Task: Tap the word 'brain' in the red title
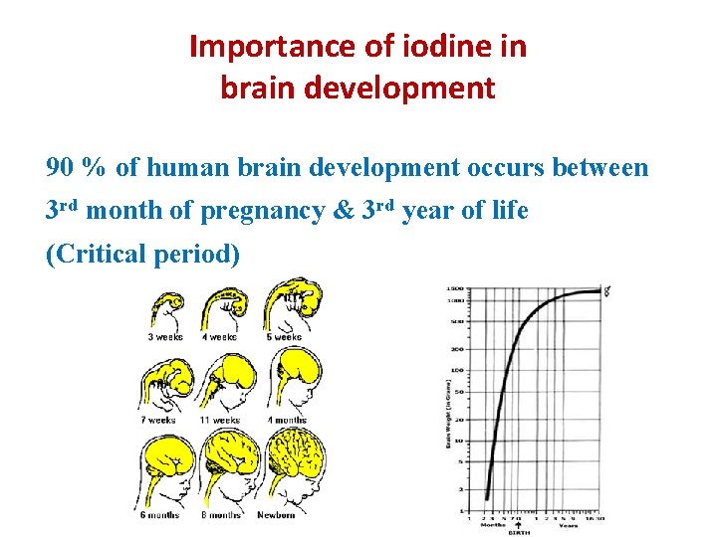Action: tap(254, 89)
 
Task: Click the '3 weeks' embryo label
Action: tap(164, 337)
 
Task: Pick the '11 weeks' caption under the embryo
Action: tap(219, 420)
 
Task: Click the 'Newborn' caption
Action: tap(278, 515)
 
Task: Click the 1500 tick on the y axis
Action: tap(455, 288)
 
